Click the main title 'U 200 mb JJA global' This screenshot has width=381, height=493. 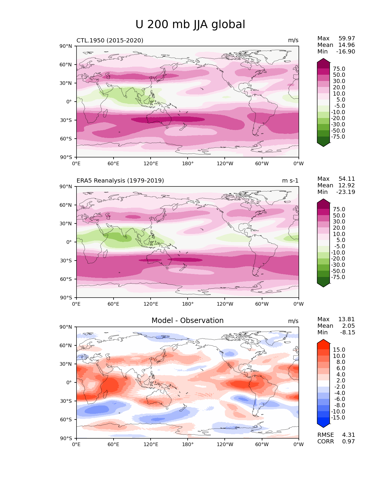click(190, 25)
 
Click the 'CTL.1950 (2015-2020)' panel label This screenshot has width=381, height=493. click(110, 40)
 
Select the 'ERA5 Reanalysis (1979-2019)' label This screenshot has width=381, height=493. click(120, 180)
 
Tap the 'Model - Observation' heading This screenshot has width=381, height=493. click(187, 321)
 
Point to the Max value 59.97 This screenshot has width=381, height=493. click(347, 38)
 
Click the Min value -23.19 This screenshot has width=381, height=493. click(345, 192)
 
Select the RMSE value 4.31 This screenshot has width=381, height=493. click(348, 435)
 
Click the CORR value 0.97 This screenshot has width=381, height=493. click(348, 441)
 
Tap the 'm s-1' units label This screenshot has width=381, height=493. click(290, 180)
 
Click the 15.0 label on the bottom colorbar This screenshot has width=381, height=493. click(339, 350)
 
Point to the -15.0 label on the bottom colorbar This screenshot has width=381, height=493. click(338, 417)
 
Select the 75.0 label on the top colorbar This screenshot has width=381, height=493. click(339, 69)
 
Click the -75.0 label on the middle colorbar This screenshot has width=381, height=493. click(338, 277)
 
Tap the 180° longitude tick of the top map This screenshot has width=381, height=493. click(188, 163)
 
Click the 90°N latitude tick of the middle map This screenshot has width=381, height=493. click(66, 186)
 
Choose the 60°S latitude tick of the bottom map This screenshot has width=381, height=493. click(66, 419)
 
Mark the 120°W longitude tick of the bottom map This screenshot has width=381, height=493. click(225, 444)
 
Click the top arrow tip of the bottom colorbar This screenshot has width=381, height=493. click(323, 340)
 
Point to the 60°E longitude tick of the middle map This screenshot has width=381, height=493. click(114, 304)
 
